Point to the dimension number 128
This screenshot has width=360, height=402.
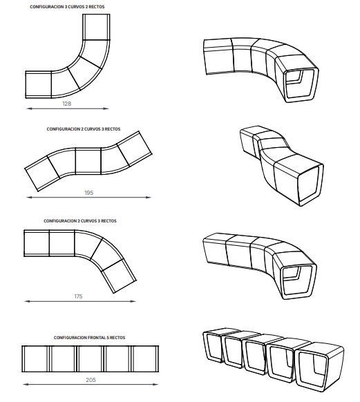(66, 104)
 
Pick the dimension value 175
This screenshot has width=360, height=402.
(77, 296)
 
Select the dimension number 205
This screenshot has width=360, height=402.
(92, 381)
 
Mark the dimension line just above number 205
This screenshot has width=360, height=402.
(92, 374)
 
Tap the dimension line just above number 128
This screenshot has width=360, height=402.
(66, 108)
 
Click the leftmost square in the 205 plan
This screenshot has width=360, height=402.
(36, 358)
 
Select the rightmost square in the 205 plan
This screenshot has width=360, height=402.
(147, 358)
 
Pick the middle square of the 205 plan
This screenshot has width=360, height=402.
(91, 358)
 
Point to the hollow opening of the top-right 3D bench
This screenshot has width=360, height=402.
(300, 80)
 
